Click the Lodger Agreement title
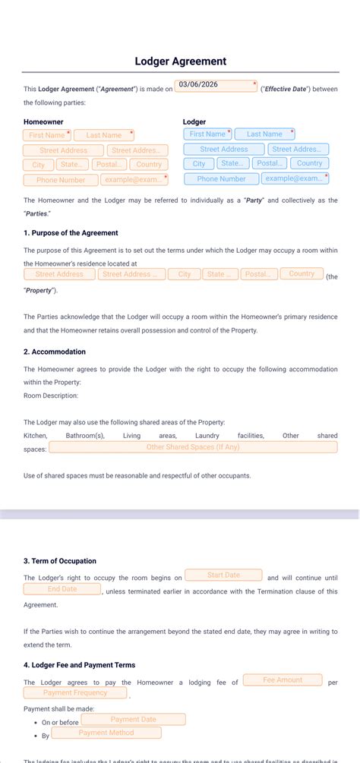point(180,61)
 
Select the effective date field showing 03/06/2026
point(216,87)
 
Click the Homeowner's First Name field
point(47,135)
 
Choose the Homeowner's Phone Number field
point(61,181)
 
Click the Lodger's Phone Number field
point(221,179)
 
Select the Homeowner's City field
point(39,165)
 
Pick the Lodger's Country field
point(309,163)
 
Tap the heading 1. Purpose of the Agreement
point(71,233)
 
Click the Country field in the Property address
point(302,274)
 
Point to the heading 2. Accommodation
point(55,352)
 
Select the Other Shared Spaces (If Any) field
point(193,448)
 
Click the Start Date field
point(223,575)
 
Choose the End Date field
point(62,589)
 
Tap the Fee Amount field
point(283,680)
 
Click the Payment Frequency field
point(75,693)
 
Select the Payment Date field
point(133,720)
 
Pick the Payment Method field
point(106,733)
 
